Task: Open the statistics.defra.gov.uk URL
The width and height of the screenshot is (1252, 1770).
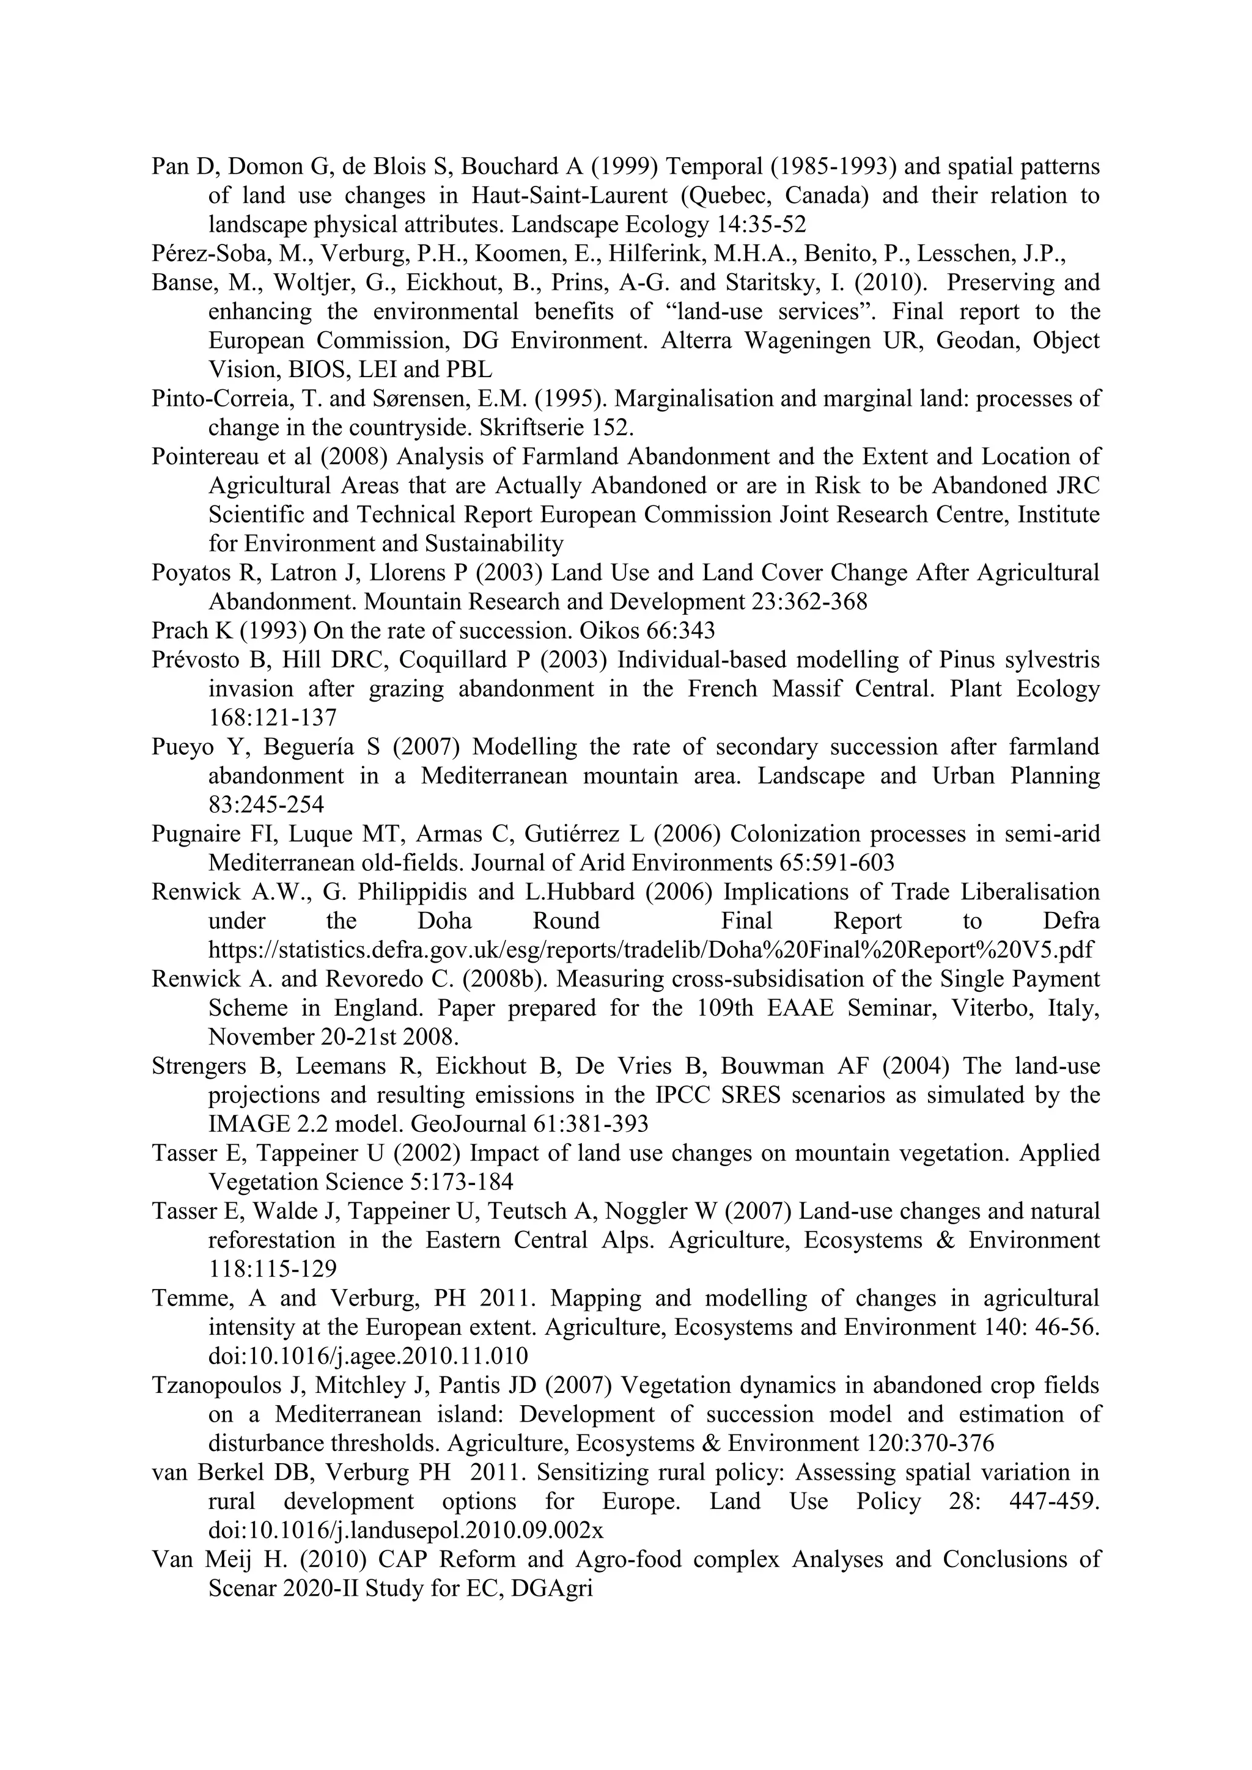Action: [x=650, y=950]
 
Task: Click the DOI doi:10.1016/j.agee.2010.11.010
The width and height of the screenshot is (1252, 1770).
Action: [x=369, y=1357]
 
